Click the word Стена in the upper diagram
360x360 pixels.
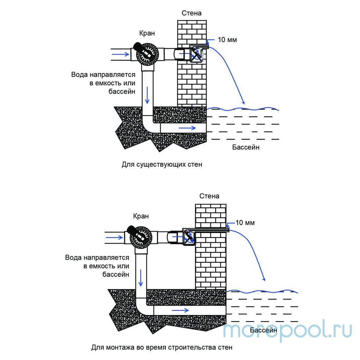point(192,13)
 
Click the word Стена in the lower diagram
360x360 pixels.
point(209,196)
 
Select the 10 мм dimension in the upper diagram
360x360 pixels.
point(227,40)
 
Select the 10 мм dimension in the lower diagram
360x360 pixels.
point(245,223)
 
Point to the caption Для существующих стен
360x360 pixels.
point(162,164)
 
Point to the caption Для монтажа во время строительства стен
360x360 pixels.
point(162,348)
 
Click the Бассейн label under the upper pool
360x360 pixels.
point(246,147)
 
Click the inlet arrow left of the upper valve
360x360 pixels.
point(121,54)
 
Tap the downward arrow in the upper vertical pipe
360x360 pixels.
point(147,95)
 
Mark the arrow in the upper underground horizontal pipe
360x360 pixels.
point(187,128)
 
